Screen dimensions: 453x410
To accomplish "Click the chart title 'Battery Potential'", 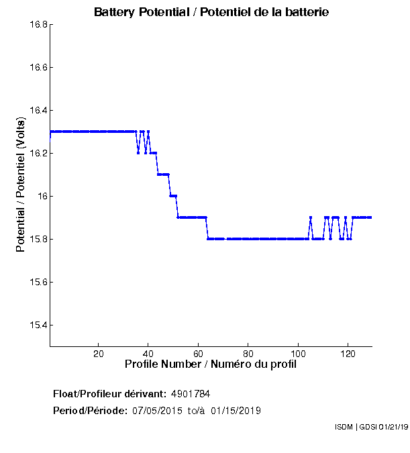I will click(x=211, y=12).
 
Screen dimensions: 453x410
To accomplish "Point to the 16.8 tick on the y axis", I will click(x=38, y=25).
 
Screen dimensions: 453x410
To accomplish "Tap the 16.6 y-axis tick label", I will click(x=38, y=68).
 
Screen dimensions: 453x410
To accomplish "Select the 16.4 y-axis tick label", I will click(x=38, y=111).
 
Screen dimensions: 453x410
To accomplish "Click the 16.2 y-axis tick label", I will click(x=38, y=154).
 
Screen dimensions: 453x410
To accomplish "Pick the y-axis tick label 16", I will click(x=42, y=197).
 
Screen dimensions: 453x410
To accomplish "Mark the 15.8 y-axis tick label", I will click(x=38, y=240).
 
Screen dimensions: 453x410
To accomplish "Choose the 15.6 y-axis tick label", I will click(x=38, y=283).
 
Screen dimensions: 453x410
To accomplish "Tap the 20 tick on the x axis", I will click(x=99, y=354).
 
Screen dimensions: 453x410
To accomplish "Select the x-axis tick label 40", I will click(x=148, y=354).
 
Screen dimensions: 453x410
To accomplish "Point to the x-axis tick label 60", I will click(x=199, y=354).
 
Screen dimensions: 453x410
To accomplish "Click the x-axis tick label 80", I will click(x=248, y=354).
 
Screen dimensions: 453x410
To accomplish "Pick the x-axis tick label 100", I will click(x=298, y=354).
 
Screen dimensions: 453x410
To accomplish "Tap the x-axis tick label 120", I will click(x=348, y=354).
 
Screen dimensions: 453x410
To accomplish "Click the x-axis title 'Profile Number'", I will click(x=210, y=364).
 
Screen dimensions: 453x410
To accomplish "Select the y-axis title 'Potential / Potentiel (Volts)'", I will click(x=20, y=185).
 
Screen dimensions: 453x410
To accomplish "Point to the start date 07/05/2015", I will click(x=156, y=410).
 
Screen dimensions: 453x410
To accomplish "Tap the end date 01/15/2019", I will click(x=236, y=410).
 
